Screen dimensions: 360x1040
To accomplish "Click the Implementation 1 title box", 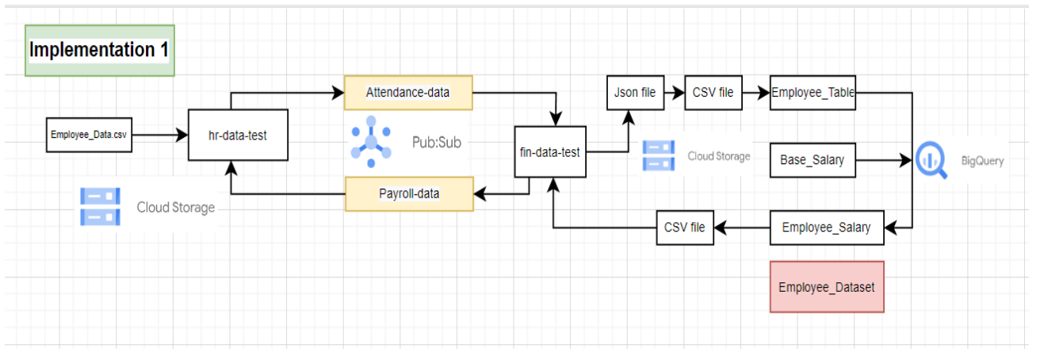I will point(100,50).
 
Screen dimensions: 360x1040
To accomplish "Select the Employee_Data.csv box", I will point(87,136).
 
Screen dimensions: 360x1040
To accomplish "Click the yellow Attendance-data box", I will point(407,93).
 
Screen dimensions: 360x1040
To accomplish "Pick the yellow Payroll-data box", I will point(409,193).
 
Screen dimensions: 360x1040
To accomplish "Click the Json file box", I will point(635,93).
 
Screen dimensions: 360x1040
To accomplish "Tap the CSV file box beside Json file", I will point(713,93).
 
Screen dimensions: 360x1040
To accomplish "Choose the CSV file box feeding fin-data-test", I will point(686,228).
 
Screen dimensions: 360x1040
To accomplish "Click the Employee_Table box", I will point(812,93).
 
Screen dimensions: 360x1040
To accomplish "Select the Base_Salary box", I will point(812,160).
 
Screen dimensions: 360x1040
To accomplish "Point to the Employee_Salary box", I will point(826,228).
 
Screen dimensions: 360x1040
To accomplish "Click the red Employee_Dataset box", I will point(826,287).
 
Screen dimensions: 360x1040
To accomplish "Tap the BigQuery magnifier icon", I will point(931,160).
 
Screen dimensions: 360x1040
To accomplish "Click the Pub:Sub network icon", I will point(370,143).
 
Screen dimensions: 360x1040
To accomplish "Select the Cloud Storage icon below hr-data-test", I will point(100,207).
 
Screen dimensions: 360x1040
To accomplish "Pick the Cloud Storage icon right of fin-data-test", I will point(657,155).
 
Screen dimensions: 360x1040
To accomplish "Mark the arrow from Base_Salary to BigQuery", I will point(884,160).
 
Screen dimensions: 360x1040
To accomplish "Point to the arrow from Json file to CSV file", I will point(674,93).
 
